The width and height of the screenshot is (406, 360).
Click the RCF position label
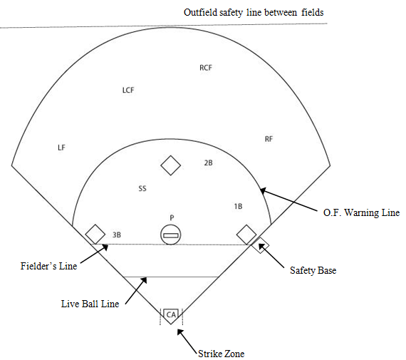(206, 68)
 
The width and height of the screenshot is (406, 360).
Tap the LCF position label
(128, 91)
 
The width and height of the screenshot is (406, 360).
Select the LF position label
(61, 148)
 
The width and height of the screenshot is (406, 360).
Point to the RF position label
(269, 139)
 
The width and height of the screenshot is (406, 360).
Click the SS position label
(142, 188)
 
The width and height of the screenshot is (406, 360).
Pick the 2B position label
(209, 163)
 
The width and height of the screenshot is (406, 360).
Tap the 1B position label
(238, 206)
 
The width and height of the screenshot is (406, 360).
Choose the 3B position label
(117, 235)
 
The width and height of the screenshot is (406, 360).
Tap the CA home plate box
(171, 315)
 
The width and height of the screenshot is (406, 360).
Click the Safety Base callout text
(313, 270)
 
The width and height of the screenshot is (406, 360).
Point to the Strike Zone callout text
(221, 354)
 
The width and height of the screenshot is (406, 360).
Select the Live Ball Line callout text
(90, 304)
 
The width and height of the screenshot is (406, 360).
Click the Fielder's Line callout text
(48, 266)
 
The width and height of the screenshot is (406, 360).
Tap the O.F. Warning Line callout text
(361, 212)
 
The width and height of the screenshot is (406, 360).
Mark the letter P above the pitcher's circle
(172, 218)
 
